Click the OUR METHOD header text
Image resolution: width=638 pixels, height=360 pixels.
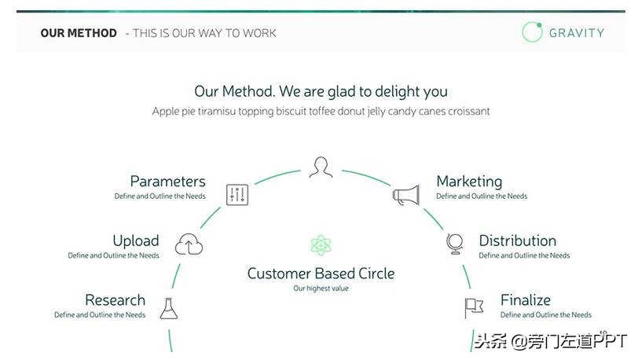[x=79, y=33]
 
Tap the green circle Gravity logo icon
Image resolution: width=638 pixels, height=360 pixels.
[x=532, y=31]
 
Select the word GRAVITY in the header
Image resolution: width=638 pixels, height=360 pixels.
[x=577, y=33]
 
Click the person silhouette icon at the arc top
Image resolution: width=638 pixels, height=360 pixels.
[x=321, y=167]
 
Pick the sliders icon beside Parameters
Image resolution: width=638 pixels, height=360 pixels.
[x=237, y=195]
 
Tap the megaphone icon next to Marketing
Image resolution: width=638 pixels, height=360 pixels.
[x=406, y=195]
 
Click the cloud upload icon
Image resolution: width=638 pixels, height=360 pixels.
[x=189, y=244]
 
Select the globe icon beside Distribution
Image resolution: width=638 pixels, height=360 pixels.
[x=455, y=244]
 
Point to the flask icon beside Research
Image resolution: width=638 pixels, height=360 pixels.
[x=169, y=308]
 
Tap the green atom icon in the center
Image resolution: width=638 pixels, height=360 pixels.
[x=321, y=245]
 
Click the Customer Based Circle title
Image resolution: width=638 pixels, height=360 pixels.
[x=321, y=274]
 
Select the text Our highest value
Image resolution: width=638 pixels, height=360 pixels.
[x=321, y=288]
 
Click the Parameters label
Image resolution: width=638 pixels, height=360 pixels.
[x=167, y=182]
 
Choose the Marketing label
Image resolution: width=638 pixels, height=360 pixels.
[x=469, y=182]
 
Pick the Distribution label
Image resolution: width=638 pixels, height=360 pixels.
[x=518, y=241]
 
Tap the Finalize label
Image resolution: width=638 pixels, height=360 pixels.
[x=526, y=300]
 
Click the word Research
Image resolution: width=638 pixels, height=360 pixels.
[x=115, y=300]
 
